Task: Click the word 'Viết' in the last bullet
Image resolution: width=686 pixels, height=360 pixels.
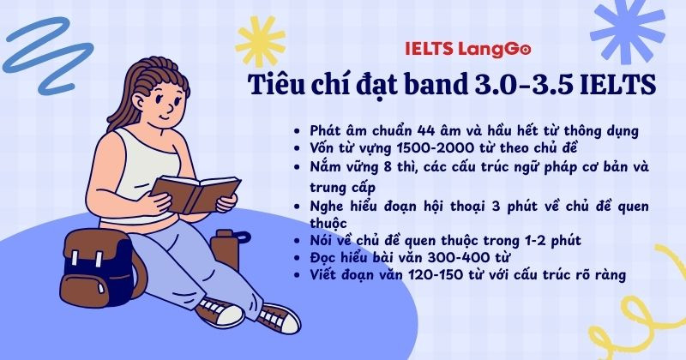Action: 322,274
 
